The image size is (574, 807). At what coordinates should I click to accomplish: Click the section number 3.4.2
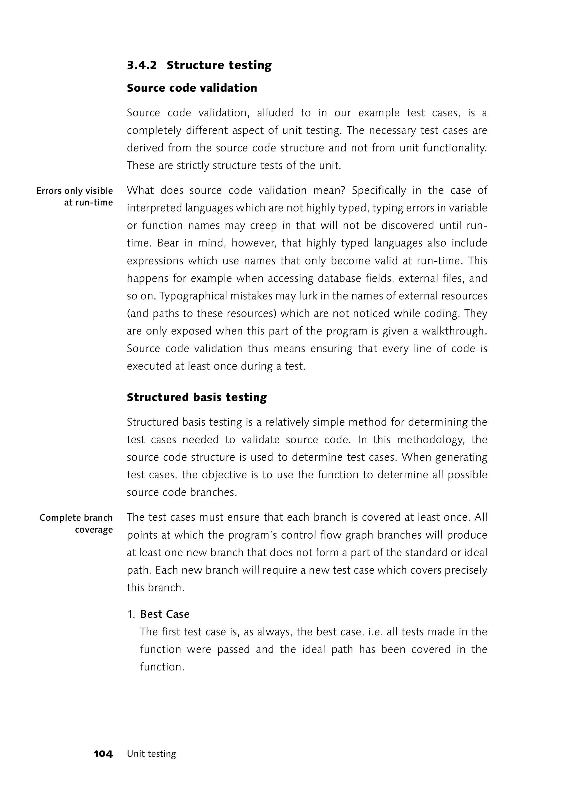(x=142, y=65)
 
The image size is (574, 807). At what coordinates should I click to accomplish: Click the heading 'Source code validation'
(x=192, y=88)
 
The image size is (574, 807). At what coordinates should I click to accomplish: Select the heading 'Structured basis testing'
(x=196, y=398)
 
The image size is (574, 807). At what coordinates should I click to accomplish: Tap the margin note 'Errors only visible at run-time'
(x=75, y=197)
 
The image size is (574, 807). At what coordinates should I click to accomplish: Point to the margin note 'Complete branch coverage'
(x=76, y=524)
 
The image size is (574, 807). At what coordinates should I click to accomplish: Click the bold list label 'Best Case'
(x=165, y=614)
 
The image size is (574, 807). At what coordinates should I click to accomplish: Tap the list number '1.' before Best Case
(x=131, y=614)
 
